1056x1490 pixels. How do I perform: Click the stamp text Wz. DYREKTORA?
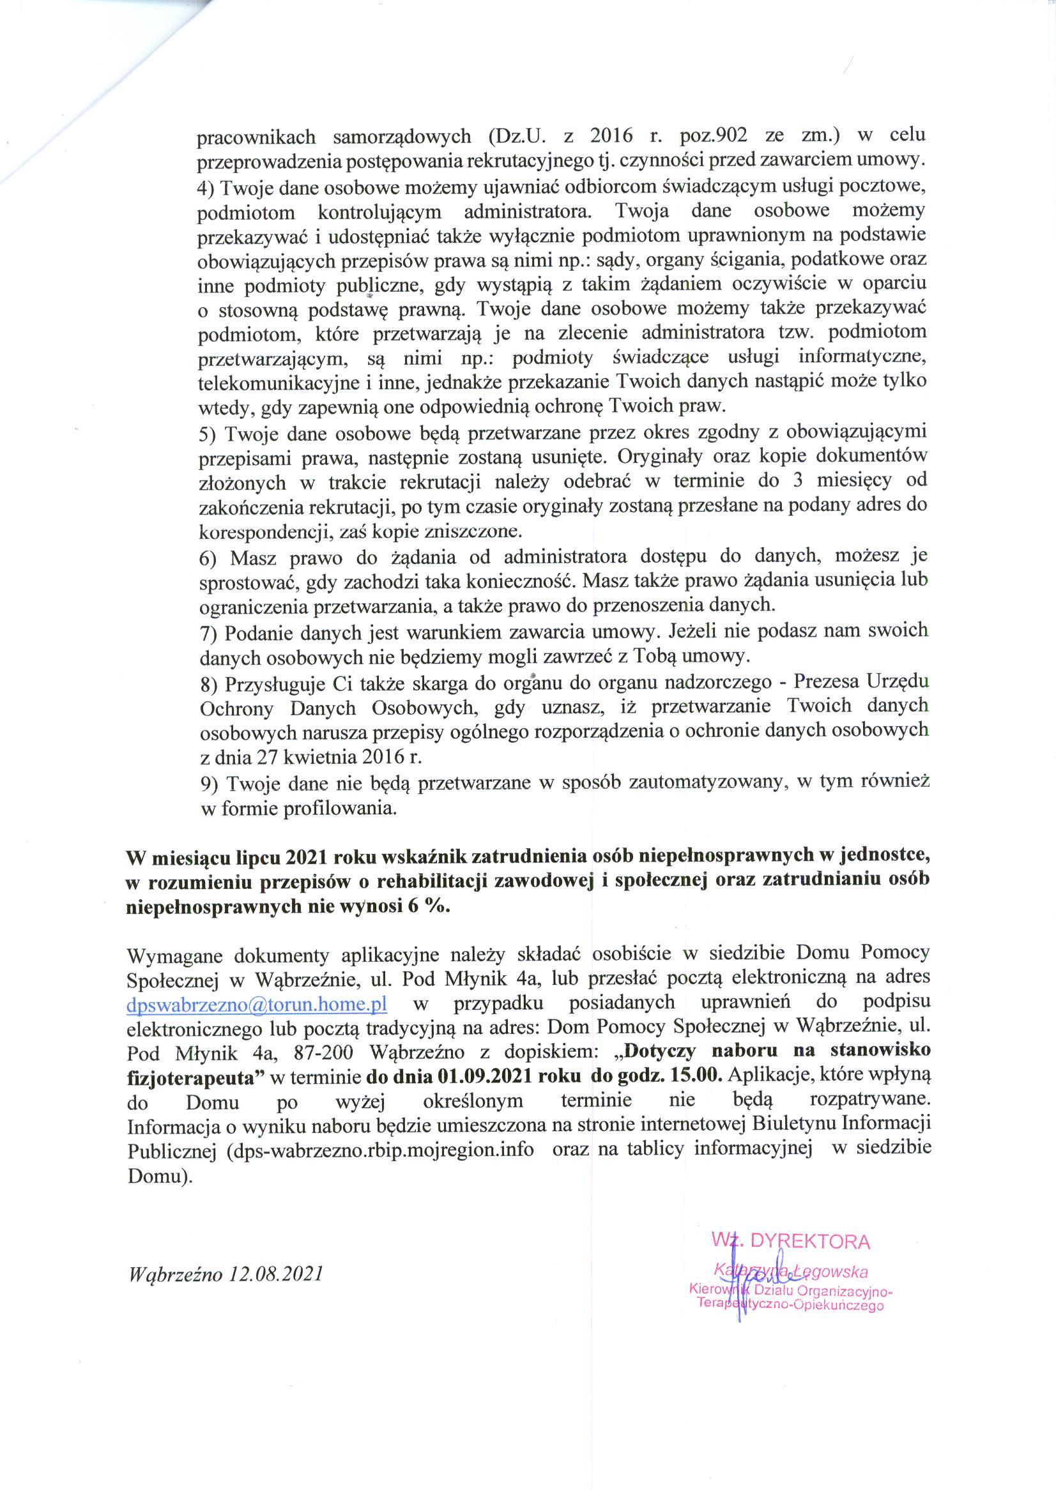pyautogui.click(x=791, y=1241)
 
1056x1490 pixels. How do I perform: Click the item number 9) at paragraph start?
pyautogui.click(x=208, y=784)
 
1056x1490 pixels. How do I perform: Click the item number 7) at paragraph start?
pyautogui.click(x=208, y=632)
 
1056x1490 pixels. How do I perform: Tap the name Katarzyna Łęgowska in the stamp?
pyautogui.click(x=791, y=1271)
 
